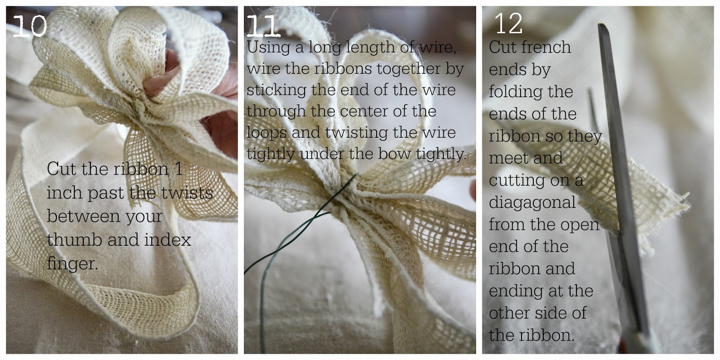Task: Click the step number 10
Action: (x=30, y=26)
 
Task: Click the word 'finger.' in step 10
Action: (x=72, y=264)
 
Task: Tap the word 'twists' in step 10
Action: (x=187, y=193)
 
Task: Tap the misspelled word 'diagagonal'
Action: (x=532, y=203)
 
